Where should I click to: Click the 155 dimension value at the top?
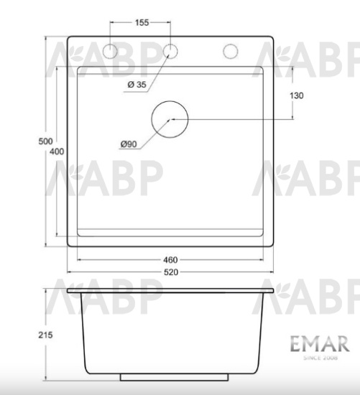click(x=142, y=23)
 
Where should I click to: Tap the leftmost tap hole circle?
click(x=111, y=51)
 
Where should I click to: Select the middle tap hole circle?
click(x=171, y=51)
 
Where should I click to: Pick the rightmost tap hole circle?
click(x=231, y=51)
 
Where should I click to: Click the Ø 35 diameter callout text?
click(x=137, y=85)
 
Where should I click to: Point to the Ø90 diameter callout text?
click(x=129, y=144)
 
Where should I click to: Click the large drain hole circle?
click(x=170, y=118)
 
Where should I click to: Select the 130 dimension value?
click(x=297, y=95)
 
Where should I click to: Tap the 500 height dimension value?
click(x=45, y=141)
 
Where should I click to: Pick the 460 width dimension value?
click(x=170, y=259)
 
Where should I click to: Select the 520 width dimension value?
click(x=170, y=272)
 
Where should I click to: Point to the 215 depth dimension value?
click(x=45, y=335)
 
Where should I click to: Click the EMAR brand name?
click(x=319, y=345)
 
